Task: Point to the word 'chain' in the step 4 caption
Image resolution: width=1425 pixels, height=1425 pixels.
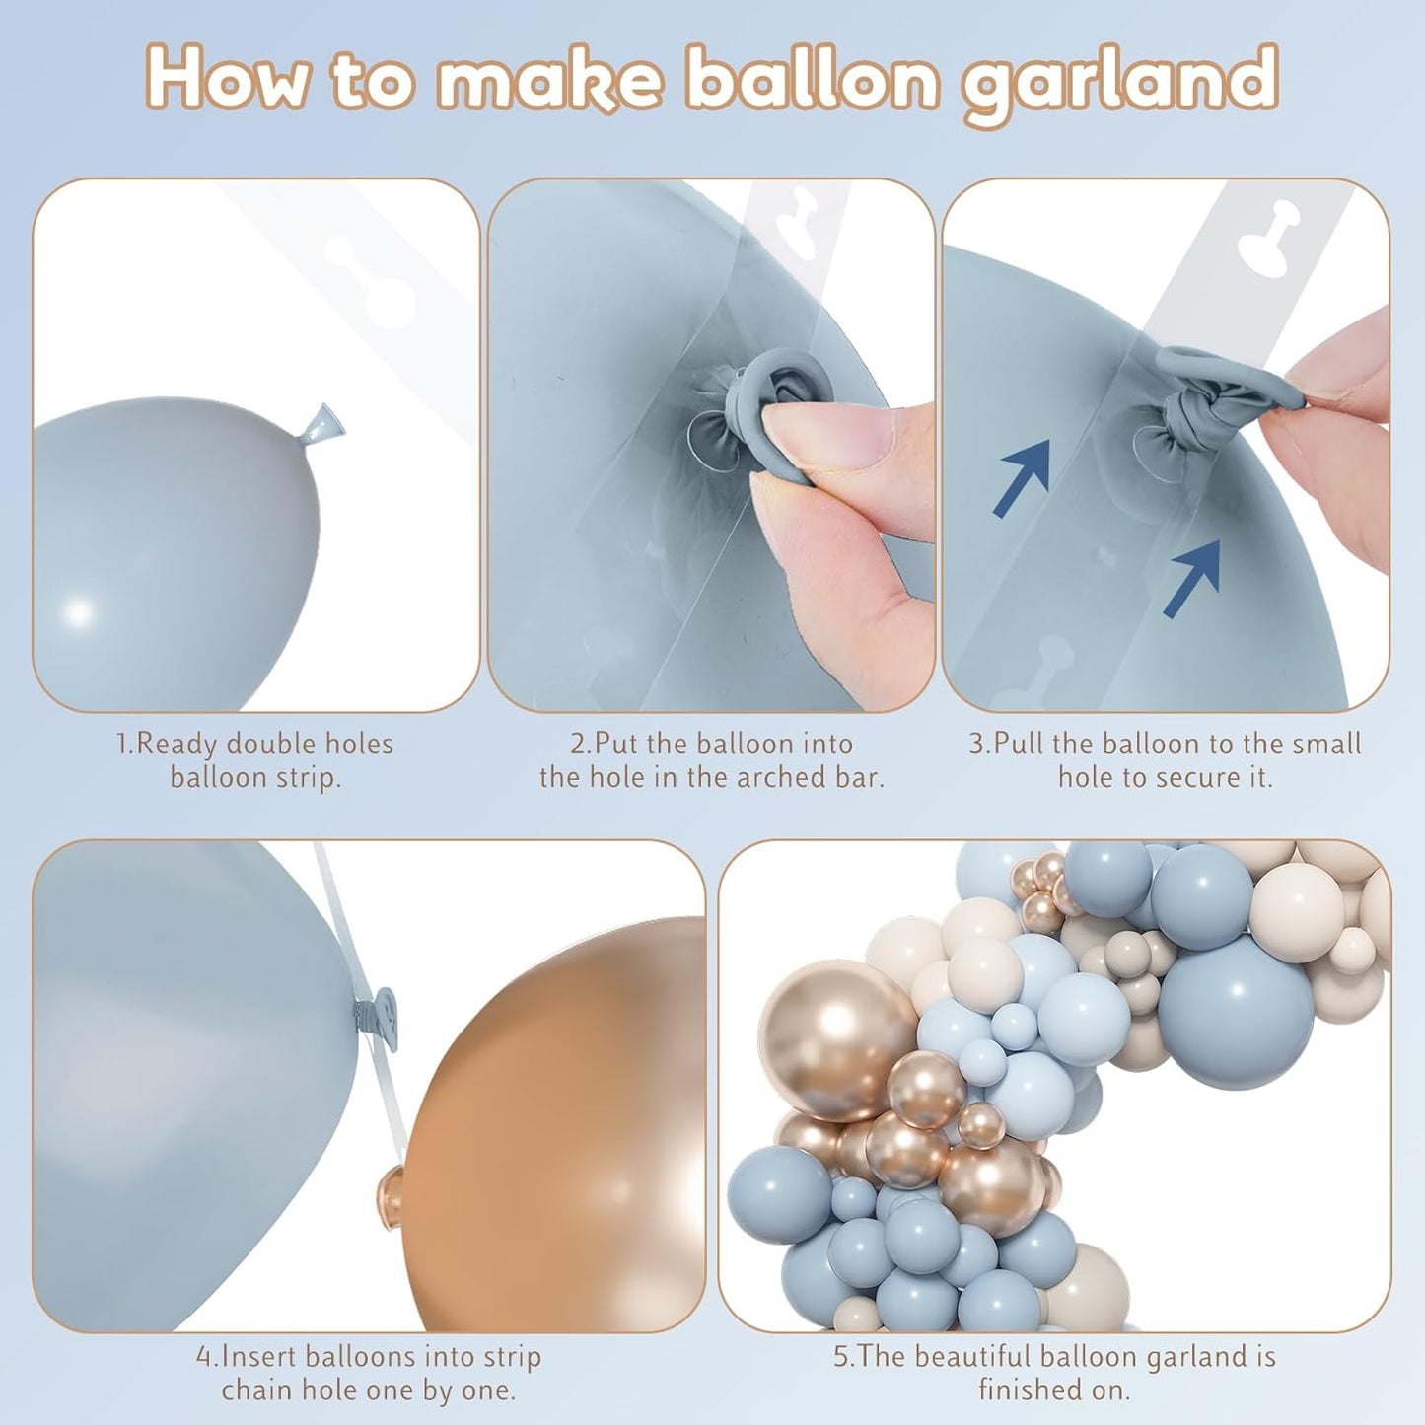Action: click(257, 1390)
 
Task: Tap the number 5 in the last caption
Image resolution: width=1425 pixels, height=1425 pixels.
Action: click(841, 1357)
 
